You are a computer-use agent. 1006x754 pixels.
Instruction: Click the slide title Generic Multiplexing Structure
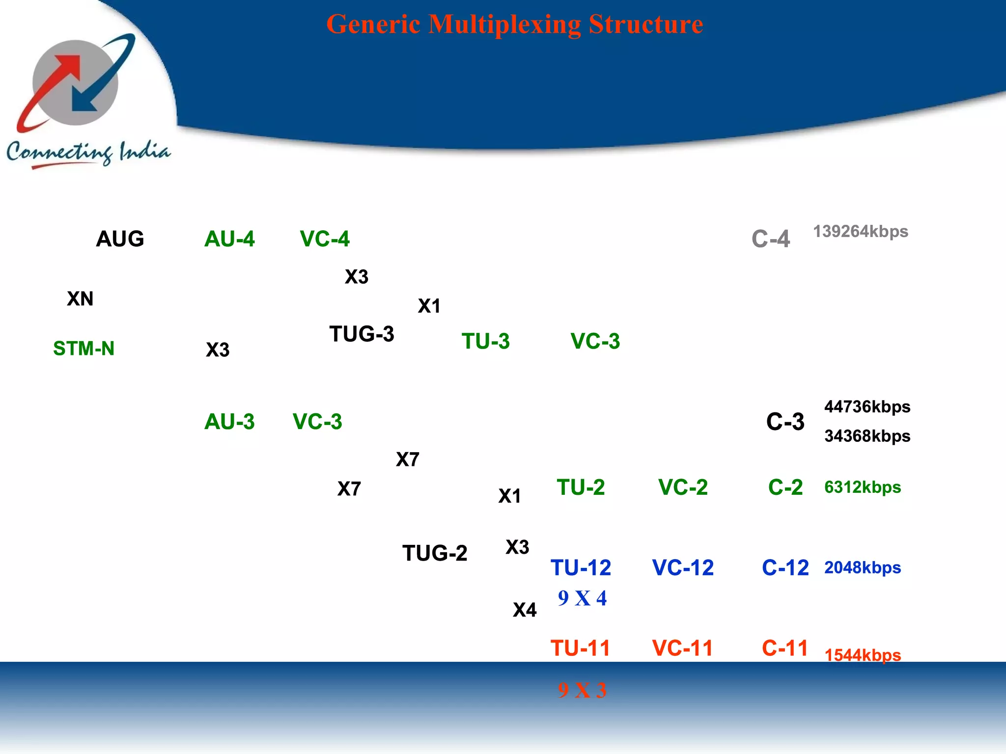click(514, 25)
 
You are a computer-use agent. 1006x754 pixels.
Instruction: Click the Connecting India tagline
click(88, 153)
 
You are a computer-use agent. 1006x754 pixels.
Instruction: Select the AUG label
click(120, 239)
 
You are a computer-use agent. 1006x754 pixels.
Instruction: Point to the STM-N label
click(84, 349)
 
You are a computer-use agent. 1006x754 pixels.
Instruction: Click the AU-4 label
click(229, 239)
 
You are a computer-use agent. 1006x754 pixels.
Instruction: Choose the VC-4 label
click(325, 239)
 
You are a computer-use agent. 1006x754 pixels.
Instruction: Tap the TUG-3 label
click(362, 334)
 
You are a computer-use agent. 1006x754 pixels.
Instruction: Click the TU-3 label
click(486, 341)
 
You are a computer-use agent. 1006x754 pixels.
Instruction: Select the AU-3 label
click(229, 422)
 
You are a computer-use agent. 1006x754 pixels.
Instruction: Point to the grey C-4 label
click(771, 239)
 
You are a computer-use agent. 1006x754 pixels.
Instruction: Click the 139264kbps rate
click(861, 231)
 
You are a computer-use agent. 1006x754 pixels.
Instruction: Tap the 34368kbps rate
click(867, 436)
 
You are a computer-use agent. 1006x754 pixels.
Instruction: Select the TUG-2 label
click(435, 553)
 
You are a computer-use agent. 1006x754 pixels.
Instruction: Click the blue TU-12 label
click(581, 568)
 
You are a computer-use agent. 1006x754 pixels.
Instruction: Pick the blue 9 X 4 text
click(582, 598)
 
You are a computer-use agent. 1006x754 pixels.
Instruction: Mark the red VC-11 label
click(682, 648)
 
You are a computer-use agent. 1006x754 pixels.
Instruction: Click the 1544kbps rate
click(863, 655)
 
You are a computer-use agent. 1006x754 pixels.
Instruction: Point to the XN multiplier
click(80, 299)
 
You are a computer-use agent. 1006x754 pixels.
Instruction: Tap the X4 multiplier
click(525, 610)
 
